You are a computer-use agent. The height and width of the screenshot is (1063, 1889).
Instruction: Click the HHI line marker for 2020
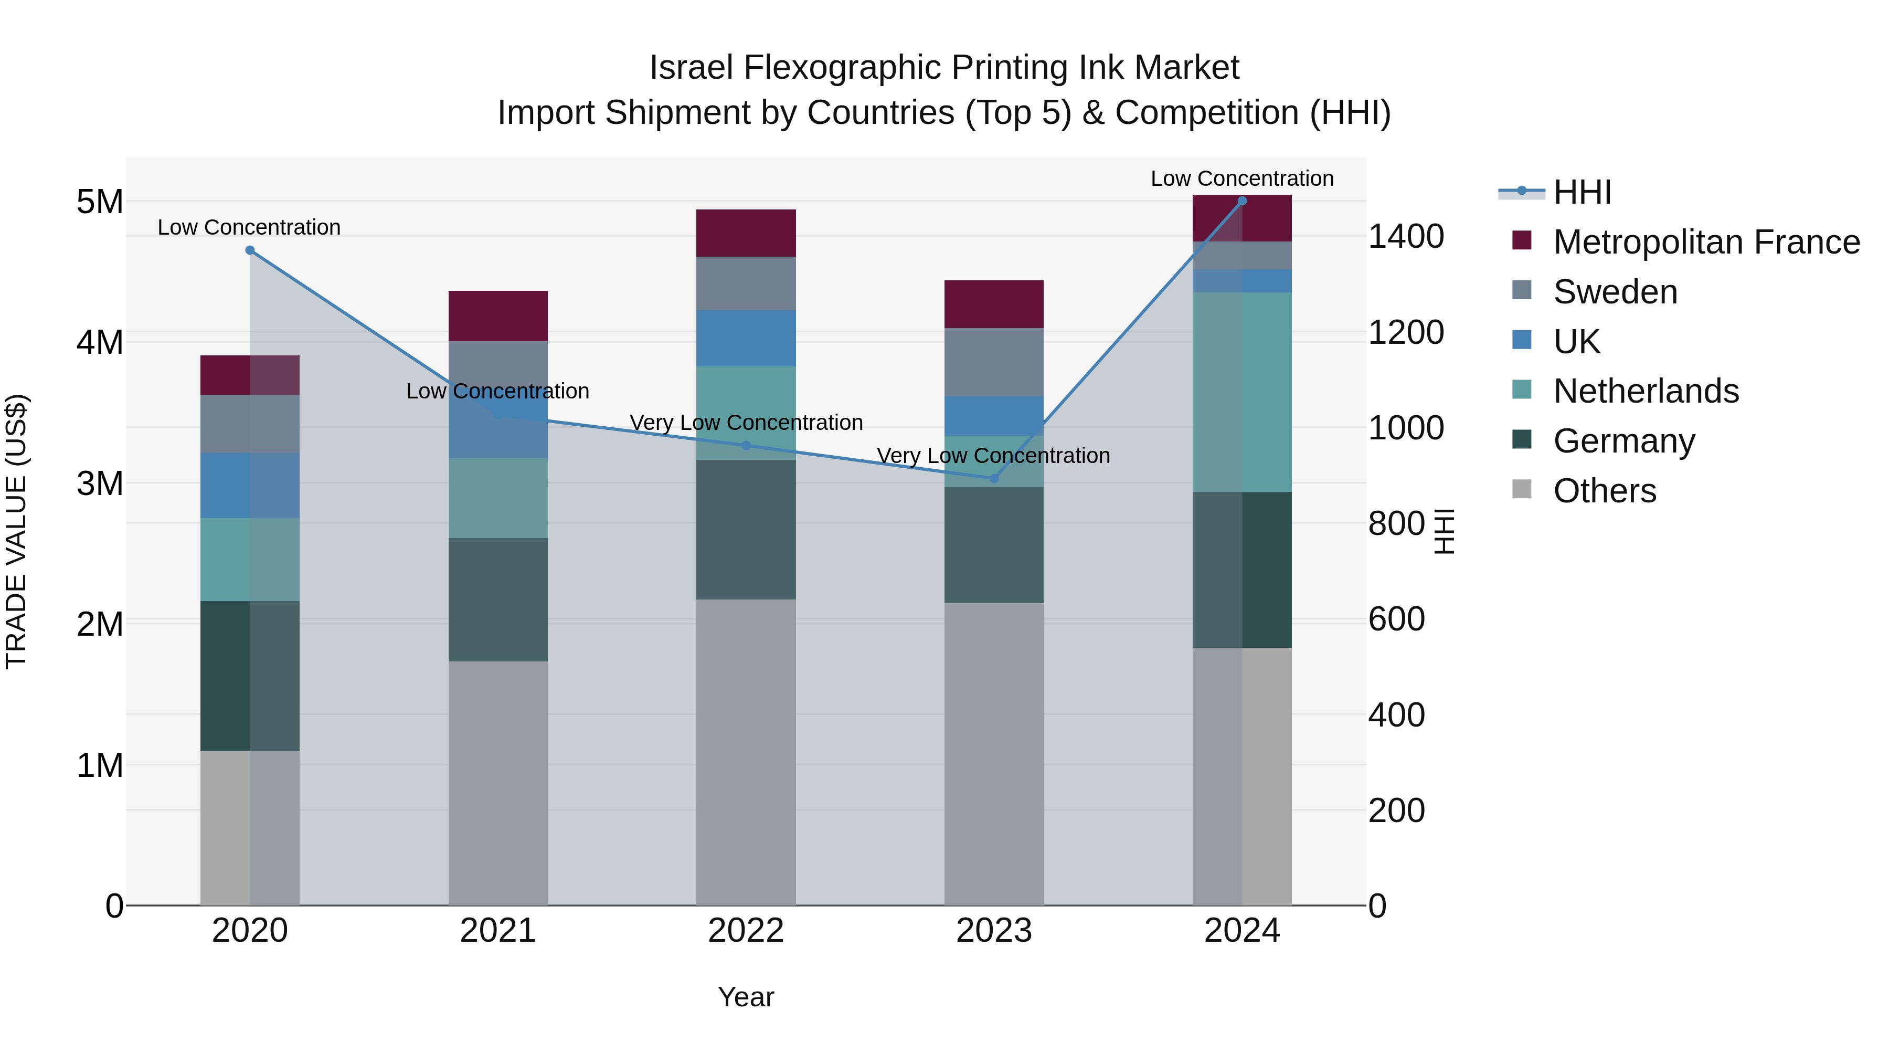coord(250,250)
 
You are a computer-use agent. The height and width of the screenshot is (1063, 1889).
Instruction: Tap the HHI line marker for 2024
coord(1241,201)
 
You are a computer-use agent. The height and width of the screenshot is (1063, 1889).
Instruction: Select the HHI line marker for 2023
coord(994,478)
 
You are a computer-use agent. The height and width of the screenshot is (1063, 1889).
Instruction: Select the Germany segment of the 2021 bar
coord(498,599)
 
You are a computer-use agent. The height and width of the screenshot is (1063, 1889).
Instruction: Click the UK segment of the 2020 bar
coord(250,486)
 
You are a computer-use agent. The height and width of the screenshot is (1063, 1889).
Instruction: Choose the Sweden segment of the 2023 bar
coord(994,362)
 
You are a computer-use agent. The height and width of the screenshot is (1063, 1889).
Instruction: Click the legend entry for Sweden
coord(1616,292)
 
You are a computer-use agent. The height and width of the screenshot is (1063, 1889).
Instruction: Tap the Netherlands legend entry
coord(1646,391)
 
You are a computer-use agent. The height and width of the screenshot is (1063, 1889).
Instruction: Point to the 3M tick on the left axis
coord(100,483)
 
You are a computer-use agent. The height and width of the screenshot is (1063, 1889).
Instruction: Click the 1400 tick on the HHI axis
coord(1406,236)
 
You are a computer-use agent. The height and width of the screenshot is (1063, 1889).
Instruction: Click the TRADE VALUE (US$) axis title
coord(16,531)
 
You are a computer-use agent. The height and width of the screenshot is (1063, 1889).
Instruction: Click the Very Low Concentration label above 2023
coord(994,456)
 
